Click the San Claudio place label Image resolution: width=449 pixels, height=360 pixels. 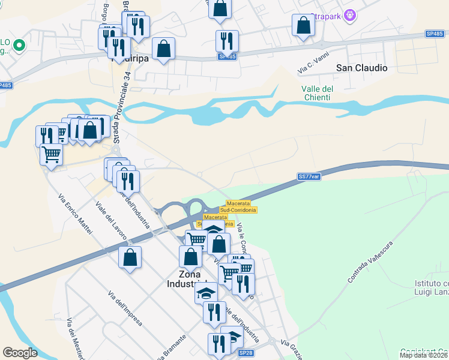(361, 68)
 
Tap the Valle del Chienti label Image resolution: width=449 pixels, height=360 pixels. (317, 93)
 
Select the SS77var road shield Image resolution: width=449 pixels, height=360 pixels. (310, 176)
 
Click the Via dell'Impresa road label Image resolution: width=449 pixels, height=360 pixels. (125, 308)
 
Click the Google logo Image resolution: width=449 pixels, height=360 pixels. (20, 353)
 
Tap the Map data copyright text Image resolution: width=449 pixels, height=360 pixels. (424, 355)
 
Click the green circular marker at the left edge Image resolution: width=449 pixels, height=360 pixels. (19, 44)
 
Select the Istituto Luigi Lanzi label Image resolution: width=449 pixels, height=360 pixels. (432, 287)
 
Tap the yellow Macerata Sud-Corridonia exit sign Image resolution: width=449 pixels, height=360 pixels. (238, 206)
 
